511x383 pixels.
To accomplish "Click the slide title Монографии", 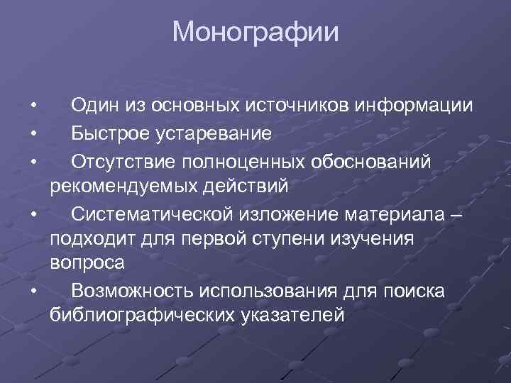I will pyautogui.click(x=255, y=32).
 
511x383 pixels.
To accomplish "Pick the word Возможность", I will pyautogui.click(x=132, y=290).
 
